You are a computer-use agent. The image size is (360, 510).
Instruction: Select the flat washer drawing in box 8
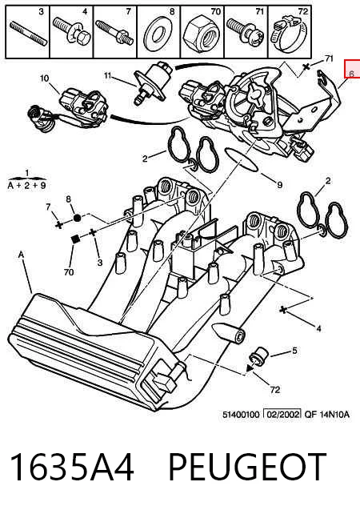click(x=158, y=35)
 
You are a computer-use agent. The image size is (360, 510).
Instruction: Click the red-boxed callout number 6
click(x=351, y=74)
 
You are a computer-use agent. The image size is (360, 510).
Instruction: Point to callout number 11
click(x=108, y=76)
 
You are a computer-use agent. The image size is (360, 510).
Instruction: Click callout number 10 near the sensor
click(x=45, y=78)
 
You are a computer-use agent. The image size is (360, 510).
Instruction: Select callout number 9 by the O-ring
click(x=280, y=185)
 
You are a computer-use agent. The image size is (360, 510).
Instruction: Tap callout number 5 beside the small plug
click(x=294, y=351)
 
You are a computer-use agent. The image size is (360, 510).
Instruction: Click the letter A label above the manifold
click(x=21, y=255)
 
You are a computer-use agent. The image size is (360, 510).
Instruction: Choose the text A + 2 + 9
click(x=26, y=186)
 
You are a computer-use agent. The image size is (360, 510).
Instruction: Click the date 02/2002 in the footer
click(x=282, y=414)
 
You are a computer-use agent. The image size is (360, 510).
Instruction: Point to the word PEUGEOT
click(x=247, y=467)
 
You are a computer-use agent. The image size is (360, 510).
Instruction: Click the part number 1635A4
click(x=72, y=467)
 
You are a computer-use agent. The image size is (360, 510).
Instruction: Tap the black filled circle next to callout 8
click(x=77, y=218)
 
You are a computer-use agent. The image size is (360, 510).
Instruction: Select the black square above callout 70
click(x=75, y=239)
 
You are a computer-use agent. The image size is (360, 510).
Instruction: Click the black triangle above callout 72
click(x=250, y=368)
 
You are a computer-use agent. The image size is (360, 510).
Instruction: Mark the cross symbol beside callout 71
click(x=306, y=67)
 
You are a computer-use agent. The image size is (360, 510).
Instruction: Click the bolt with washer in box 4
click(x=72, y=31)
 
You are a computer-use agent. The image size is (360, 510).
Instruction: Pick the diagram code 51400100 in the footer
click(x=241, y=415)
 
